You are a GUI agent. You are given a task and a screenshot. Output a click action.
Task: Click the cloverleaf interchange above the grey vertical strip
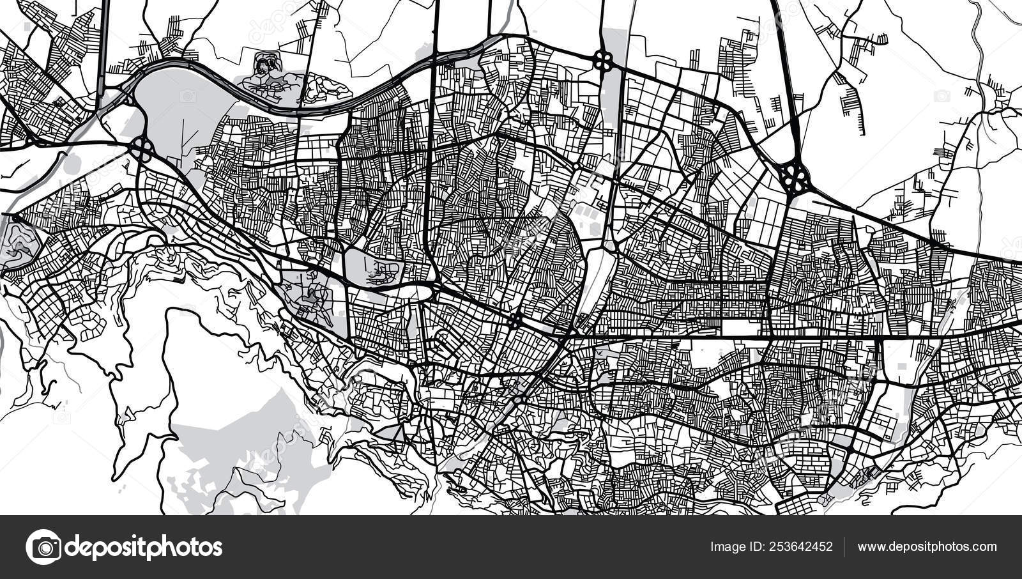click(x=603, y=61)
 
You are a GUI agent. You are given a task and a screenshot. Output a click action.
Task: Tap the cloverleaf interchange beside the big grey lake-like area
click(x=142, y=150)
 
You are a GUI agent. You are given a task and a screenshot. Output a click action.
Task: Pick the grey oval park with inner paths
click(x=374, y=266)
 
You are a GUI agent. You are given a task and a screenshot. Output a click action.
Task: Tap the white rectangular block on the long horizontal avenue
click(x=745, y=328)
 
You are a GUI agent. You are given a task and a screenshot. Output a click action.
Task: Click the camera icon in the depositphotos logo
click(x=43, y=547)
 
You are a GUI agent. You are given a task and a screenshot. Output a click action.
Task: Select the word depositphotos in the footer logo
click(x=144, y=547)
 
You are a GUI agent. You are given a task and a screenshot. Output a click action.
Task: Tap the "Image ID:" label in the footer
click(x=735, y=547)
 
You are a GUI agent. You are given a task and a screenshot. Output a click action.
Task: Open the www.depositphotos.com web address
click(x=927, y=547)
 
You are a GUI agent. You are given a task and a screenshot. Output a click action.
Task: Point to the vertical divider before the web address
click(x=845, y=547)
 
